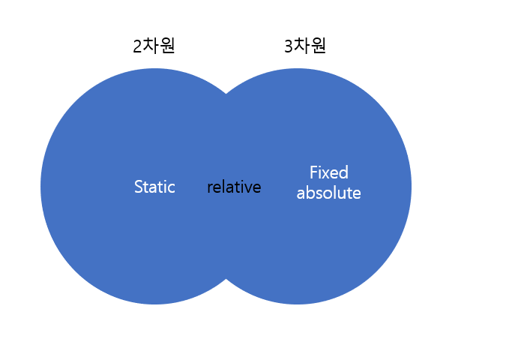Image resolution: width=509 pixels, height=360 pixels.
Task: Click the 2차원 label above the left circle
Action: [x=154, y=46]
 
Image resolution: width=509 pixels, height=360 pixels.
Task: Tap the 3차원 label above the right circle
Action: [x=305, y=46]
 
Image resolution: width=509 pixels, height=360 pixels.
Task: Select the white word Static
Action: [x=154, y=187]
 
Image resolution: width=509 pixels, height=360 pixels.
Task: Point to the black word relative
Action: [x=234, y=187]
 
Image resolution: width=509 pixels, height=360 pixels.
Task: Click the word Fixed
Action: [x=329, y=172]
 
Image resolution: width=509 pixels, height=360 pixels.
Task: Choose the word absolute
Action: [x=328, y=193]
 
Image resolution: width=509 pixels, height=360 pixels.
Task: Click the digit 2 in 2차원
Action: [x=137, y=46]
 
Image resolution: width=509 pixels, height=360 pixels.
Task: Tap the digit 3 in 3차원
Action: [x=289, y=46]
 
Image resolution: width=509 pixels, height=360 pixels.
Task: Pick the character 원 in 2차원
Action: [x=167, y=46]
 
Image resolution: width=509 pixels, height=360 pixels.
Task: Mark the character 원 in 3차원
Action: [x=318, y=46]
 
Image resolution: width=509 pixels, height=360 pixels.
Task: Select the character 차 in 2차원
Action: [x=151, y=45]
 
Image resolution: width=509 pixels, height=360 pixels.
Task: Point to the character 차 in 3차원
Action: [x=301, y=45]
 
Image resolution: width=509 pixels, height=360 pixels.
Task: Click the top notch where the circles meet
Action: [x=226, y=94]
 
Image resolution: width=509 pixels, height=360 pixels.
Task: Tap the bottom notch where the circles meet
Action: [x=226, y=279]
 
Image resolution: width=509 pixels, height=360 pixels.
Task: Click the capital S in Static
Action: [x=139, y=187]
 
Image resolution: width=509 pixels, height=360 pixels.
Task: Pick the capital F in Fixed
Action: [x=313, y=172]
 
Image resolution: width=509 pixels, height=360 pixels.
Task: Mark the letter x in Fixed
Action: [x=327, y=174]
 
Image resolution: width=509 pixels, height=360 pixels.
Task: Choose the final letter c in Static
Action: [x=172, y=189]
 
